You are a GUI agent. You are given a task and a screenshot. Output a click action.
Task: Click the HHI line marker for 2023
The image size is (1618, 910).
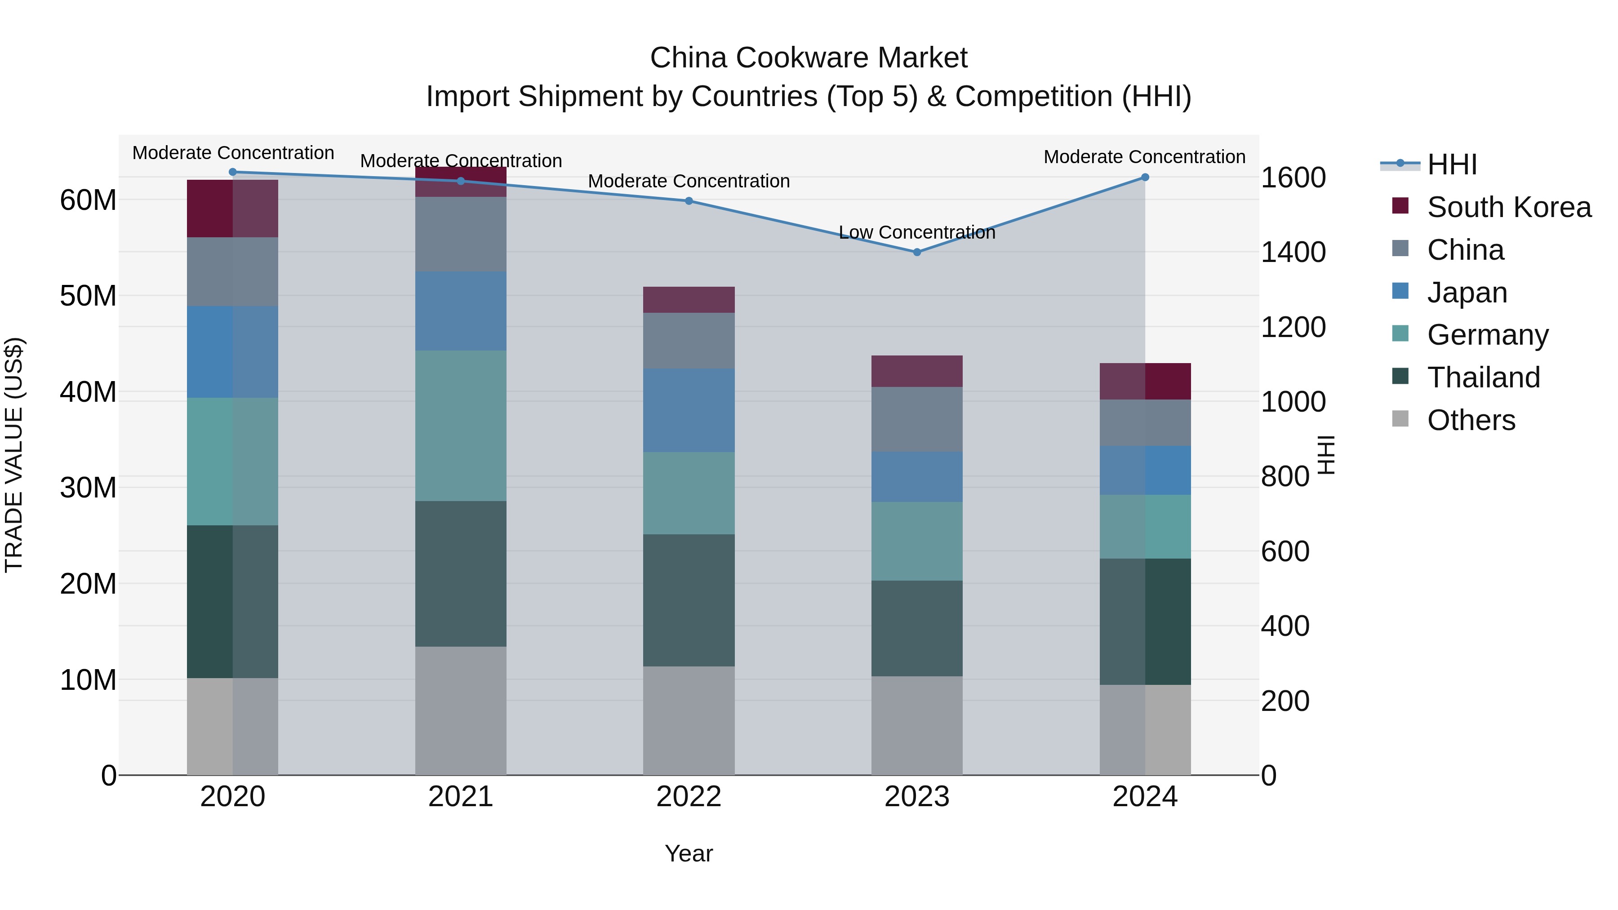click(916, 252)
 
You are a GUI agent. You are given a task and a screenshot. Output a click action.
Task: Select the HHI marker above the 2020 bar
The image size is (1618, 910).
click(232, 172)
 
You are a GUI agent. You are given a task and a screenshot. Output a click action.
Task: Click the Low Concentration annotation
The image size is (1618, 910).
click(916, 232)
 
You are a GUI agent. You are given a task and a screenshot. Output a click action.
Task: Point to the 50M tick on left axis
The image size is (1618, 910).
click(88, 296)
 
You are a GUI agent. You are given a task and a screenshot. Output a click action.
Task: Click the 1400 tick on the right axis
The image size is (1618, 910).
click(1293, 252)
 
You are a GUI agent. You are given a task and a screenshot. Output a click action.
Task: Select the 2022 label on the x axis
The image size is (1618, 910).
click(689, 796)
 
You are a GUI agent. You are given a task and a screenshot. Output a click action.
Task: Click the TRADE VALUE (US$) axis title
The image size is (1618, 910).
click(14, 455)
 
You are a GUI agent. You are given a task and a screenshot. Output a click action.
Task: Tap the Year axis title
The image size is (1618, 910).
click(689, 853)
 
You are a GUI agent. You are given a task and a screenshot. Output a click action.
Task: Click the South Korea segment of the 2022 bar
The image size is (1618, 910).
click(689, 300)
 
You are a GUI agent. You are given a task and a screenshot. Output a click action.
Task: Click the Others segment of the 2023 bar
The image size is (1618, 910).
click(916, 725)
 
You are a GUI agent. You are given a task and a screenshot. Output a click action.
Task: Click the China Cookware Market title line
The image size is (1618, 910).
click(809, 58)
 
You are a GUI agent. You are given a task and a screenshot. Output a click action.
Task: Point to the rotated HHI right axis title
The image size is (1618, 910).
click(1325, 455)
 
